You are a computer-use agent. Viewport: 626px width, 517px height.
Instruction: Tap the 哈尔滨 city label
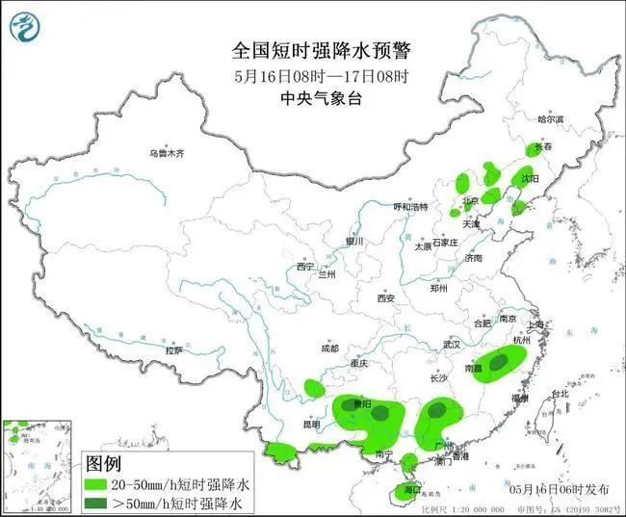click(x=550, y=120)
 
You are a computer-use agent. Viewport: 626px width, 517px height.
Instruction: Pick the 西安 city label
click(x=386, y=298)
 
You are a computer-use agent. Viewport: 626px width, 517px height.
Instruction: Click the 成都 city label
click(x=330, y=349)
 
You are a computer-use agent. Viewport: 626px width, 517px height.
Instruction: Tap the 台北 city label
click(x=559, y=395)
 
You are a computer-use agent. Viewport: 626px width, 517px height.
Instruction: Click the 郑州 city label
click(x=439, y=288)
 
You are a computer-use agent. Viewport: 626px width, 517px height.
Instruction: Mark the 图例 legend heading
click(x=104, y=464)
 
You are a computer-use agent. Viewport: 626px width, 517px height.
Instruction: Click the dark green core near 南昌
click(x=500, y=363)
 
